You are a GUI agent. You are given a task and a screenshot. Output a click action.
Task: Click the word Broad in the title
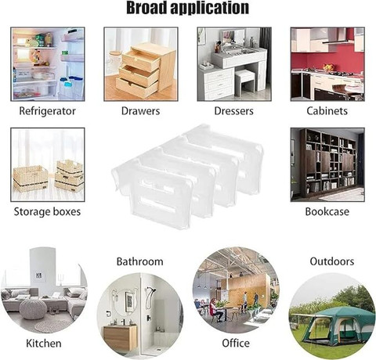[146, 7]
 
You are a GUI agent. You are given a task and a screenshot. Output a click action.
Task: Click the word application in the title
[210, 9]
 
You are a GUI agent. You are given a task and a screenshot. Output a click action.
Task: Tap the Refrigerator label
[47, 111]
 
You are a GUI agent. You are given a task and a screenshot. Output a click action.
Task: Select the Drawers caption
[140, 111]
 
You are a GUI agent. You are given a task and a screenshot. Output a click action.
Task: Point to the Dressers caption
[233, 111]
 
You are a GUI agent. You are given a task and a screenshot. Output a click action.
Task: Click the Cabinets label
[327, 111]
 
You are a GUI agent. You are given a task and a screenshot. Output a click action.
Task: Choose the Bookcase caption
[327, 211]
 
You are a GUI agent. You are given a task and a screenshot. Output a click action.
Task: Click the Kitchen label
[44, 344]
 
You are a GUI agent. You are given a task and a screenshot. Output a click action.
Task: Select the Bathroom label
[140, 261]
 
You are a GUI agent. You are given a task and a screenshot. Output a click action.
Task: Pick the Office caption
[236, 343]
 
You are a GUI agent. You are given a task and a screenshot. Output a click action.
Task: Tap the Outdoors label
[332, 261]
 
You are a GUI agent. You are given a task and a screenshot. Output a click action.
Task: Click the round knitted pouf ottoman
[33, 309]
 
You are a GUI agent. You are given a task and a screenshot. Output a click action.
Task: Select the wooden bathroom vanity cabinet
[120, 338]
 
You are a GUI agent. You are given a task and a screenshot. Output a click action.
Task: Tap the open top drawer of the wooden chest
[141, 60]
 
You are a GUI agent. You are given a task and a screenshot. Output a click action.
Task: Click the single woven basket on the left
[31, 178]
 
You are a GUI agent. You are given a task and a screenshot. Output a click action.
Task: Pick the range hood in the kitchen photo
[335, 36]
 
